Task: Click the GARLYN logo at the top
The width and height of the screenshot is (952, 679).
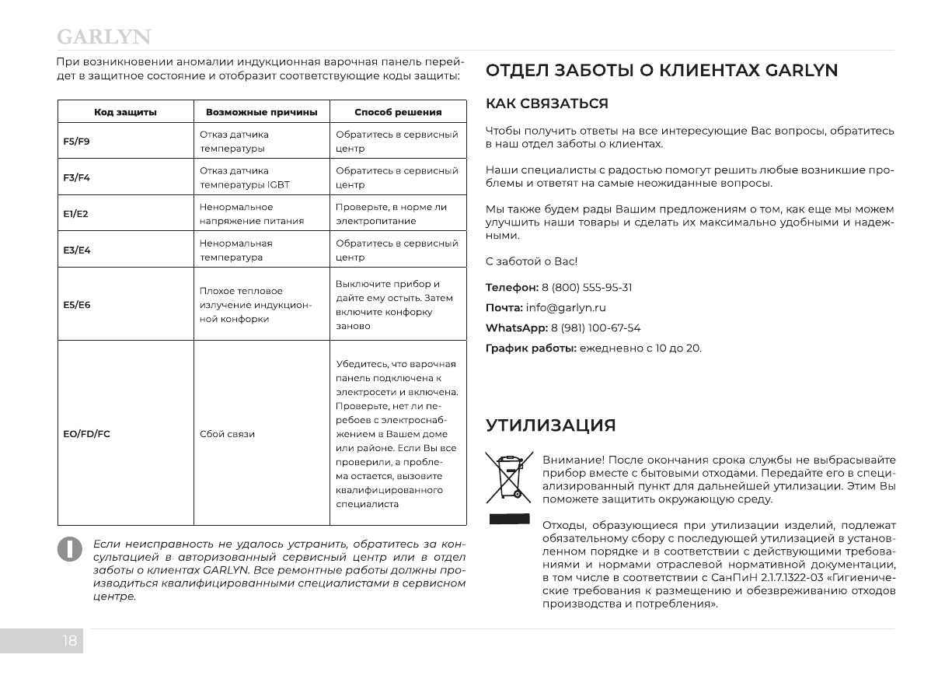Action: (x=103, y=37)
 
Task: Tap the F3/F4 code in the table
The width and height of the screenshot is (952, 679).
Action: (x=77, y=177)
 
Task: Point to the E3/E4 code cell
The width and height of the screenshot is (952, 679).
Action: (x=77, y=250)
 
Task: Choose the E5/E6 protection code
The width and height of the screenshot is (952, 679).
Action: (x=77, y=304)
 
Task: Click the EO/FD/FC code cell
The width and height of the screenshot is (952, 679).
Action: (x=86, y=433)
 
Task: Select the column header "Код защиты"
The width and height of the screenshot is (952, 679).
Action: (x=125, y=112)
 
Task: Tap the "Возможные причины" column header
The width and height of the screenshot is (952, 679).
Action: (x=261, y=112)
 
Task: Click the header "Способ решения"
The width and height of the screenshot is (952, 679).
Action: (x=398, y=112)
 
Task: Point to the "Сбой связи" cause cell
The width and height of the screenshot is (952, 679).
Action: (x=227, y=433)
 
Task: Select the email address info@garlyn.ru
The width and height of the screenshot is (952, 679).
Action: (x=566, y=308)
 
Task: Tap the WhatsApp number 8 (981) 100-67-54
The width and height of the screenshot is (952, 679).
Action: (x=595, y=328)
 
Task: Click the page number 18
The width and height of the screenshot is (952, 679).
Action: (x=70, y=641)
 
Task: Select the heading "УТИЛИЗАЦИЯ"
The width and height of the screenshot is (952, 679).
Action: (x=550, y=425)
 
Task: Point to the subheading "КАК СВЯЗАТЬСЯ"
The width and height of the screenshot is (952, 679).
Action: (x=546, y=103)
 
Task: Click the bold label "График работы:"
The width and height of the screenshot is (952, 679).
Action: (x=531, y=348)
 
